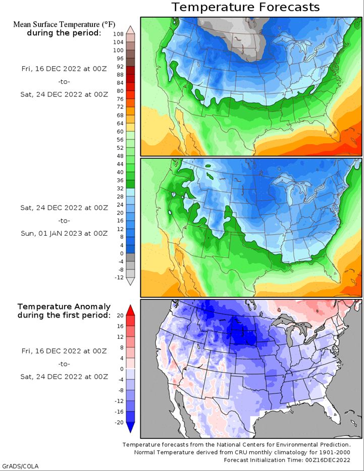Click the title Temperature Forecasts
[x=245, y=7]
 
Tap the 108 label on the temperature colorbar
[x=118, y=34]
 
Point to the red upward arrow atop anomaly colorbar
[x=130, y=309]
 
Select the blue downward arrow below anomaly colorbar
[x=130, y=428]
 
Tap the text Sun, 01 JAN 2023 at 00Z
[x=64, y=233]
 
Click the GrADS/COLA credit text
[x=20, y=465]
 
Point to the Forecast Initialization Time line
[x=287, y=460]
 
